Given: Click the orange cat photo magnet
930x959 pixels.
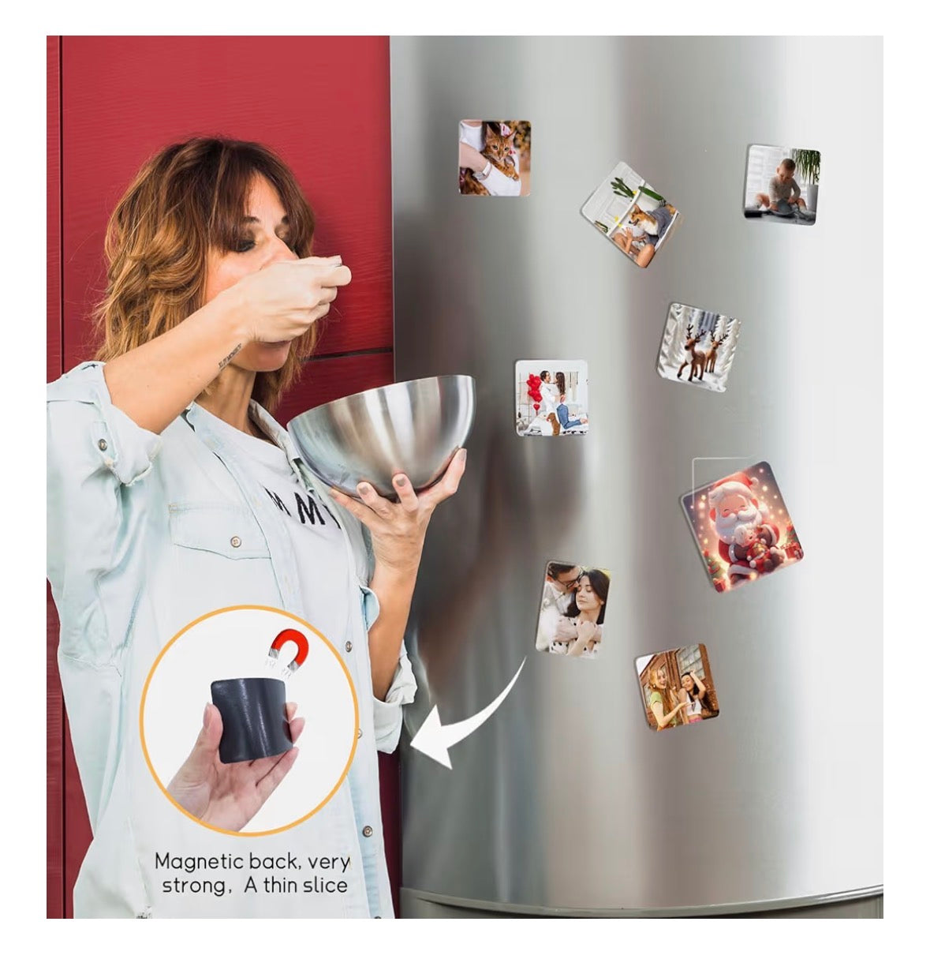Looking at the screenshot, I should [x=495, y=158].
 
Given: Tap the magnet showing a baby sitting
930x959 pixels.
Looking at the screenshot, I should [x=782, y=184].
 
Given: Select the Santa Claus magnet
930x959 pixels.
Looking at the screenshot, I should [x=741, y=526].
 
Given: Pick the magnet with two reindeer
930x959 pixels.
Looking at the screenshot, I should [x=697, y=346].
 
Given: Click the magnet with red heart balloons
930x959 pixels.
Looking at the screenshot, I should [x=551, y=397].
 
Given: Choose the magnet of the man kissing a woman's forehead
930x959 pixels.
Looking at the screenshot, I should [x=573, y=609].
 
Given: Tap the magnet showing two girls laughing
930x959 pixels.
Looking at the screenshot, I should [x=677, y=687].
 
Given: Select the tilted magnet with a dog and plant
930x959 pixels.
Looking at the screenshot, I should [x=630, y=214].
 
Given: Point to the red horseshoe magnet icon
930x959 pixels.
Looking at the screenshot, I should [x=284, y=650].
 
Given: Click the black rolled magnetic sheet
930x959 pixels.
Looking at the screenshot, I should [x=252, y=719].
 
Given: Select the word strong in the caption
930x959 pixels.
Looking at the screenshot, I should [x=192, y=886].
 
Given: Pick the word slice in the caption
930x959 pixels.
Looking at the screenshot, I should [x=325, y=886].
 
